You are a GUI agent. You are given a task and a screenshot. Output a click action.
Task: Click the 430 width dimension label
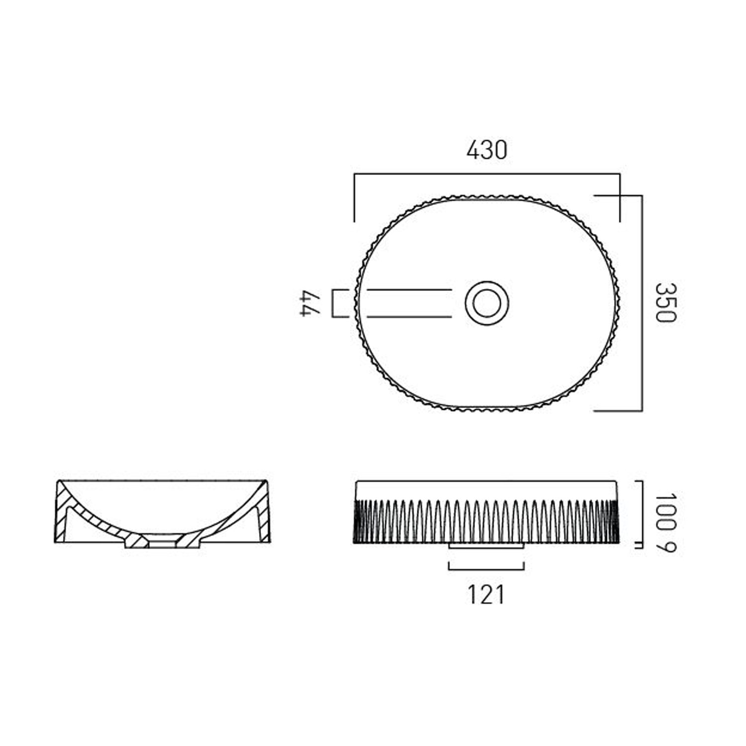486,150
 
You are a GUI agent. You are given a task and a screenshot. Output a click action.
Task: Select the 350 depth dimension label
665,303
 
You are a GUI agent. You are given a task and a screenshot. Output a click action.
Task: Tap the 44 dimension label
309,303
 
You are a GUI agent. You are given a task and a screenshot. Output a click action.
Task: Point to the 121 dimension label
486,595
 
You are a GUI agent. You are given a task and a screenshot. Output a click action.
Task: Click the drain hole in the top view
487,303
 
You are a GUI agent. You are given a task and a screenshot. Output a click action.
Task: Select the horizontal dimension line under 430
486,174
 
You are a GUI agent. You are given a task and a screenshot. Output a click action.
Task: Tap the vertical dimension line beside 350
642,303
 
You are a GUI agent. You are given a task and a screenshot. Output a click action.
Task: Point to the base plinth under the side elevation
486,546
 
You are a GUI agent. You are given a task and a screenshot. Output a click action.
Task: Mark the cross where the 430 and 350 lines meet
620,195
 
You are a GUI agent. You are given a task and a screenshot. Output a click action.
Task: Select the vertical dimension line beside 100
642,512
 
